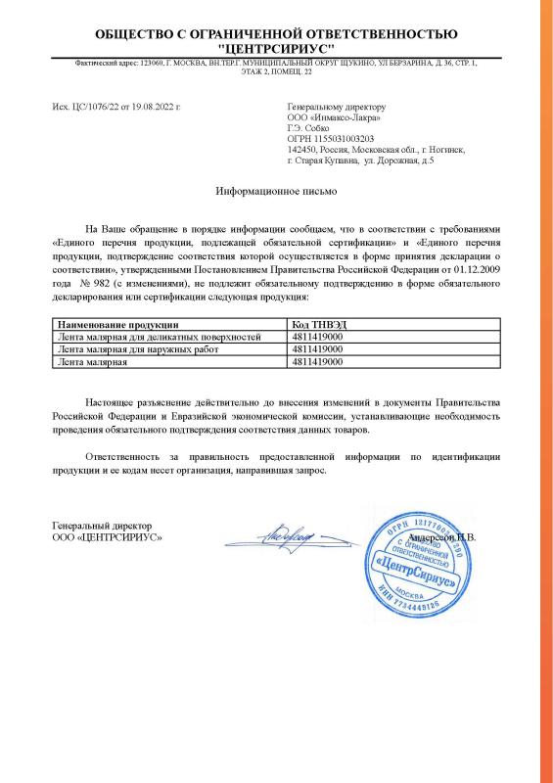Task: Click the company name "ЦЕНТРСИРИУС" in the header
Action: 276,47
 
